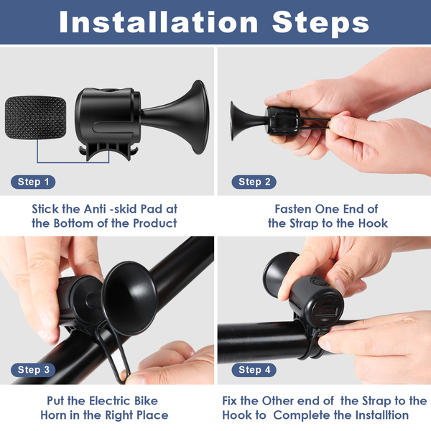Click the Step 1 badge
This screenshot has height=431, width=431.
(x=33, y=182)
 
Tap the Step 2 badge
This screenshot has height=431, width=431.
(x=254, y=182)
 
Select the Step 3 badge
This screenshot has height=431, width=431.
(x=33, y=370)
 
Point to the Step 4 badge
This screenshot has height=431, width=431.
(x=254, y=370)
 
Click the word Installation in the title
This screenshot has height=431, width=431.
(x=159, y=22)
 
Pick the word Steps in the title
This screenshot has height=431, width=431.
(x=320, y=24)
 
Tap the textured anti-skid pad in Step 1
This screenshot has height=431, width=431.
(x=35, y=117)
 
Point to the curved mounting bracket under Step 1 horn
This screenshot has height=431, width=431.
(x=108, y=152)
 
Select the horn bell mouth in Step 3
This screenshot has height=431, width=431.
(x=130, y=298)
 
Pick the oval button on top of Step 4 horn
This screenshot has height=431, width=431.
(x=319, y=282)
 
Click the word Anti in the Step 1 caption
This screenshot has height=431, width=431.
(x=95, y=209)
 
